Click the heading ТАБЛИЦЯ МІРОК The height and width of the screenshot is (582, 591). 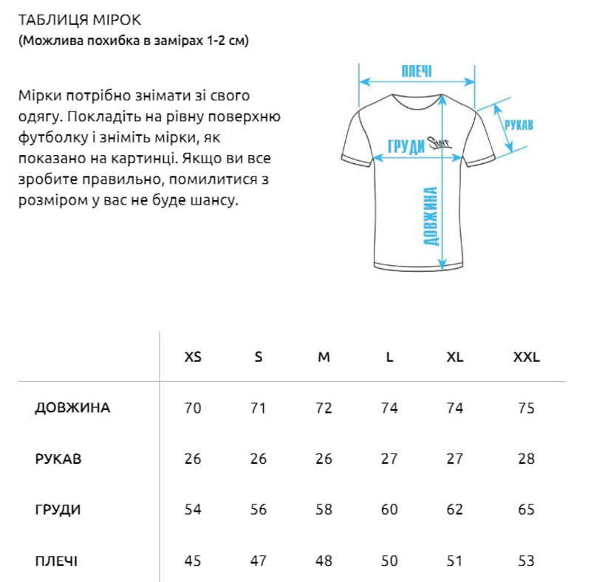click(x=70, y=19)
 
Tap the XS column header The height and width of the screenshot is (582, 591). click(x=192, y=357)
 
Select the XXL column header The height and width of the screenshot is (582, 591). click(x=527, y=357)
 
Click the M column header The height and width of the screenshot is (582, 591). click(x=324, y=357)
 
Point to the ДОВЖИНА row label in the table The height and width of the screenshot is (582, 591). click(x=72, y=408)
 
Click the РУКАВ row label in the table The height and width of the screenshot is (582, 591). click(x=58, y=459)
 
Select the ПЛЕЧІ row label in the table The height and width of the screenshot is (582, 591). click(x=56, y=561)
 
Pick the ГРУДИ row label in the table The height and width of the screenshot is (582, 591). click(x=58, y=510)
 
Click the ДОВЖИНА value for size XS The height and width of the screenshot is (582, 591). click(x=192, y=408)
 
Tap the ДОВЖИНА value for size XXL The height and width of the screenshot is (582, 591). click(x=527, y=408)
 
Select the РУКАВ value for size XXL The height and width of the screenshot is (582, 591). click(x=527, y=459)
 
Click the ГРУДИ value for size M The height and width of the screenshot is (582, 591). click(x=324, y=510)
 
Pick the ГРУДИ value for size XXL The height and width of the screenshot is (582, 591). click(x=527, y=510)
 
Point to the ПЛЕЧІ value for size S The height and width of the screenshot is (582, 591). click(x=258, y=561)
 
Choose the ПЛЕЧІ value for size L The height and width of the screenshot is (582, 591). click(x=389, y=561)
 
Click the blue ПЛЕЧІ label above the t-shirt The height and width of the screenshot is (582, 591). click(x=417, y=72)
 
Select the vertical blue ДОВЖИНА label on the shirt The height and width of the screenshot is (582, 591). click(x=432, y=216)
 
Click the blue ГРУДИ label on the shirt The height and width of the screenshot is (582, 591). click(x=406, y=145)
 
